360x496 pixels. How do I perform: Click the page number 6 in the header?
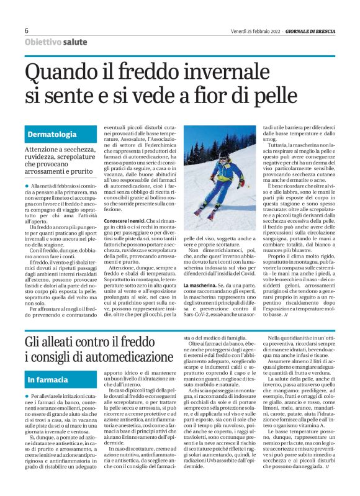click(27, 30)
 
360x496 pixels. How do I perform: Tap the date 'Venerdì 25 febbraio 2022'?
click(261, 30)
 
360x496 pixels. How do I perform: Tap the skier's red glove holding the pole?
click(241, 184)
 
